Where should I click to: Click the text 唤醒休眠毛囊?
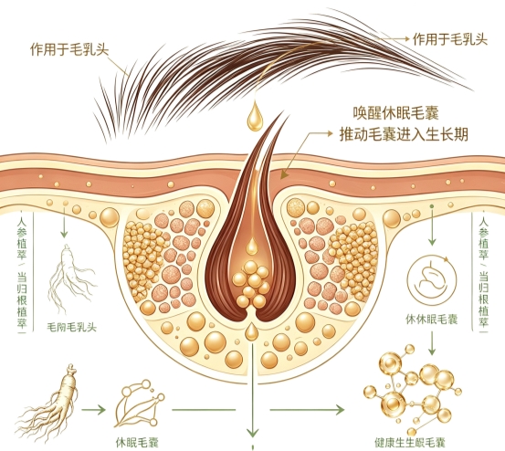pos(395,113)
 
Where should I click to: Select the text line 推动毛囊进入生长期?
pos(404,134)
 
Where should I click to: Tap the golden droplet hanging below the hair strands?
pos(255,116)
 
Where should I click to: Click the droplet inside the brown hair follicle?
pos(252,246)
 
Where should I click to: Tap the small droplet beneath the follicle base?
pos(251,331)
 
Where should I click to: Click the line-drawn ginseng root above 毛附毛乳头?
pos(71,279)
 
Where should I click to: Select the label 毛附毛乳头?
pos(71,328)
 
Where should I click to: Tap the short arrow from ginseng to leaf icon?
pos(93,410)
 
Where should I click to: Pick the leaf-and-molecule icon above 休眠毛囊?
pos(139,404)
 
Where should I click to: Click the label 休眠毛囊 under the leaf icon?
pos(137,443)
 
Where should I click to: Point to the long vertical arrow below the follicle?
pos(253,390)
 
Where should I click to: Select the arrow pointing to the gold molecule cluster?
pos(307,410)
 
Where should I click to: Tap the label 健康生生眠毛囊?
pos(410,443)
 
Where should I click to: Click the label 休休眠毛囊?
pos(432,320)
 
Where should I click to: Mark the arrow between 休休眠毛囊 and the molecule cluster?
pos(432,343)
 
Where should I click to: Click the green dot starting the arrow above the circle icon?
pos(432,205)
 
